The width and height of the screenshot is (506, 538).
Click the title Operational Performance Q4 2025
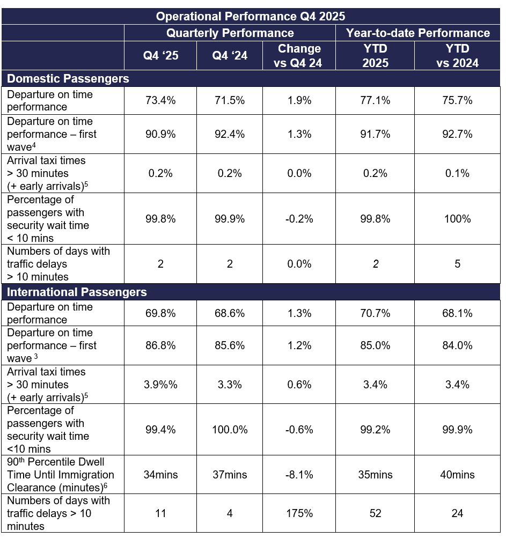click(251, 16)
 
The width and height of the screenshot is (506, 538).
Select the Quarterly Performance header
click(230, 33)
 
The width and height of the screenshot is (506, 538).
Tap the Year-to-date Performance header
click(417, 33)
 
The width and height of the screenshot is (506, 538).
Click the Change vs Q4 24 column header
click(299, 56)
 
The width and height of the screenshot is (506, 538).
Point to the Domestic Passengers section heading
click(68, 79)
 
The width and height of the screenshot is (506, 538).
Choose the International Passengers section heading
click(77, 292)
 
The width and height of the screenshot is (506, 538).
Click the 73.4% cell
click(160, 100)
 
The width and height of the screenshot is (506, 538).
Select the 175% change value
click(299, 513)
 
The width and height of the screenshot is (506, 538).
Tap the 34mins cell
click(160, 475)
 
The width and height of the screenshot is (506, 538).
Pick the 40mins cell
click(457, 475)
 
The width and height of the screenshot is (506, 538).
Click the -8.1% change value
click(299, 475)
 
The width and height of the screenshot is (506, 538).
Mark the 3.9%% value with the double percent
click(160, 385)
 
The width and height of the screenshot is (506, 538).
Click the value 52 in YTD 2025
click(375, 513)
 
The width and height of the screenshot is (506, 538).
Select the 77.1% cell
click(375, 100)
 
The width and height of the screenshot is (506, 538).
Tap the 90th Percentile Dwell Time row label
click(60, 475)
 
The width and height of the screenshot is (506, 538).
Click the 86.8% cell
click(160, 346)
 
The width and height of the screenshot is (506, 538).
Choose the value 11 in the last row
click(160, 513)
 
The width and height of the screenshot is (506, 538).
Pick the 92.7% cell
click(457, 135)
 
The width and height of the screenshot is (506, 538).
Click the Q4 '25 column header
click(160, 56)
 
